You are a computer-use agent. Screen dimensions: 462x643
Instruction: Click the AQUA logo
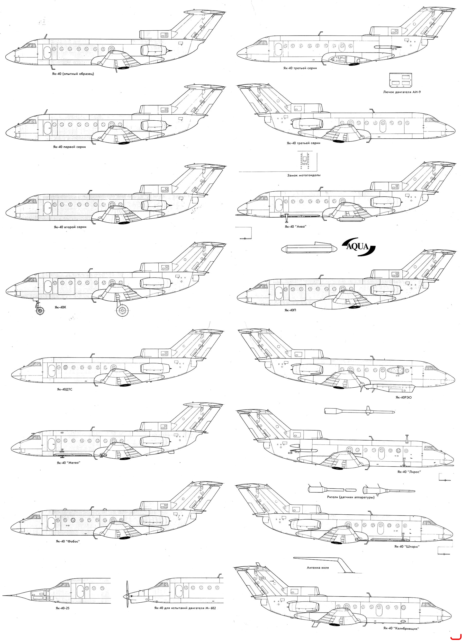coord(358,246)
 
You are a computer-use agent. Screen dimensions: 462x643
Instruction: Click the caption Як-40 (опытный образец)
coord(73,74)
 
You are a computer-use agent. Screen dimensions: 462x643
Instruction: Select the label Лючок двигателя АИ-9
coord(402,92)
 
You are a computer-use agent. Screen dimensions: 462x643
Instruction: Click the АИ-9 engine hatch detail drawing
coord(400,80)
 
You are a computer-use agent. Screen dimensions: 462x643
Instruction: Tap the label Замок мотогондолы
coord(304,175)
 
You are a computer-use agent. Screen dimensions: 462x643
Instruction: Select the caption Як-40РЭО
coord(404,397)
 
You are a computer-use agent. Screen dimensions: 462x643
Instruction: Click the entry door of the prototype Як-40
coord(47,52)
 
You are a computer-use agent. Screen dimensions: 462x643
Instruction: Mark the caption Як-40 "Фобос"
coord(68,541)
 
